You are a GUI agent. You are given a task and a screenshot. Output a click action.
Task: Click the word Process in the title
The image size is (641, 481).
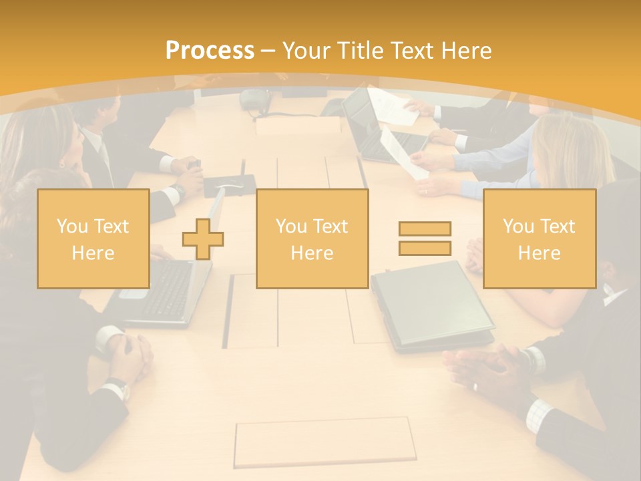pyautogui.click(x=210, y=51)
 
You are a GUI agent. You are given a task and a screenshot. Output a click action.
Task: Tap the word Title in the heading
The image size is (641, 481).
pyautogui.click(x=361, y=51)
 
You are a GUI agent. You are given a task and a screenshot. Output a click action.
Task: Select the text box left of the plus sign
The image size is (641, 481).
pyautogui.click(x=93, y=238)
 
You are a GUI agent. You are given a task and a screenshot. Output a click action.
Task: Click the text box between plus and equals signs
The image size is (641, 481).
pyautogui.click(x=312, y=238)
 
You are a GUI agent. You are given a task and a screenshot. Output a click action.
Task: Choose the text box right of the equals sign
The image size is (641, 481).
pyautogui.click(x=539, y=238)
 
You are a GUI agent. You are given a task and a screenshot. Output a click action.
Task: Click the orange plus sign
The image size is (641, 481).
pyautogui.click(x=202, y=239)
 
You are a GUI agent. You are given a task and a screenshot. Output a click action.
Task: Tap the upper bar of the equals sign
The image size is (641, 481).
pyautogui.click(x=425, y=228)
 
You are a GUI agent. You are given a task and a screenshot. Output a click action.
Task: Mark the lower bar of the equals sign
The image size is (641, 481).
pyautogui.click(x=425, y=248)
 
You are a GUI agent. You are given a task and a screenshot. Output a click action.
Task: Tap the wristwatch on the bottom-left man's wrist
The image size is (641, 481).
pyautogui.click(x=118, y=387)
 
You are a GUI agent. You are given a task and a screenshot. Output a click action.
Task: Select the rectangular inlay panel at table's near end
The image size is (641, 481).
pyautogui.click(x=324, y=442)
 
